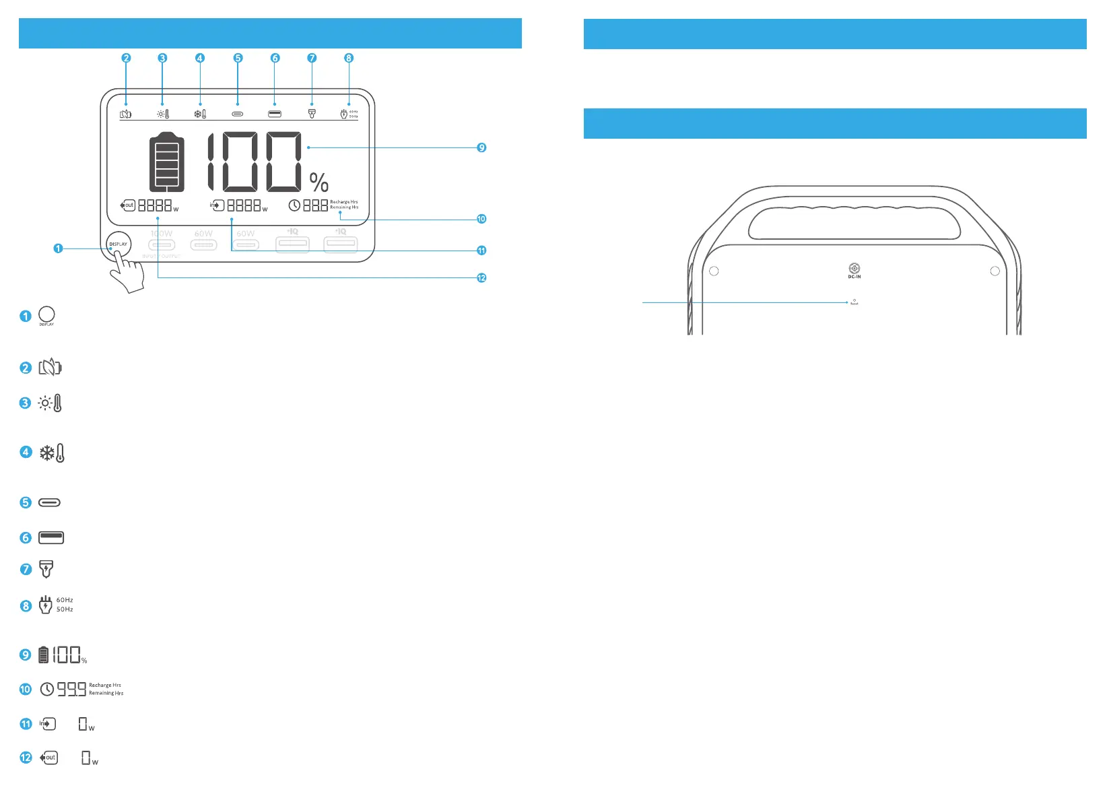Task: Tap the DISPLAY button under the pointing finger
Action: tap(119, 244)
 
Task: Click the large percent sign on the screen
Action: tap(319, 182)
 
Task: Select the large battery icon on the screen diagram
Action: tap(166, 162)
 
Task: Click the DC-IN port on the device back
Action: tap(854, 269)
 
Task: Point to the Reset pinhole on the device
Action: tap(854, 300)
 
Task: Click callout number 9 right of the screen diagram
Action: tap(481, 147)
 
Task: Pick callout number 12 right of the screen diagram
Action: tap(481, 277)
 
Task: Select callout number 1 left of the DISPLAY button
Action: tap(58, 248)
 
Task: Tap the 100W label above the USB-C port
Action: tap(162, 234)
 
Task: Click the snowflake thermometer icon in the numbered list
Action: tap(52, 453)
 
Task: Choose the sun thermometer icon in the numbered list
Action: tap(51, 403)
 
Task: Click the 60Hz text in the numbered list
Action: tap(65, 600)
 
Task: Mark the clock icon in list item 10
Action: tap(46, 689)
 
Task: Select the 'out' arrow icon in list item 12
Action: tap(49, 758)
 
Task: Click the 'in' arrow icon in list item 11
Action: tap(47, 724)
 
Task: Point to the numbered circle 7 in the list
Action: tap(26, 570)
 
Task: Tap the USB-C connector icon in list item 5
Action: tap(50, 502)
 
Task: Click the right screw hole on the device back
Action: tap(995, 271)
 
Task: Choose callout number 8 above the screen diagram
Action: tap(349, 58)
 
